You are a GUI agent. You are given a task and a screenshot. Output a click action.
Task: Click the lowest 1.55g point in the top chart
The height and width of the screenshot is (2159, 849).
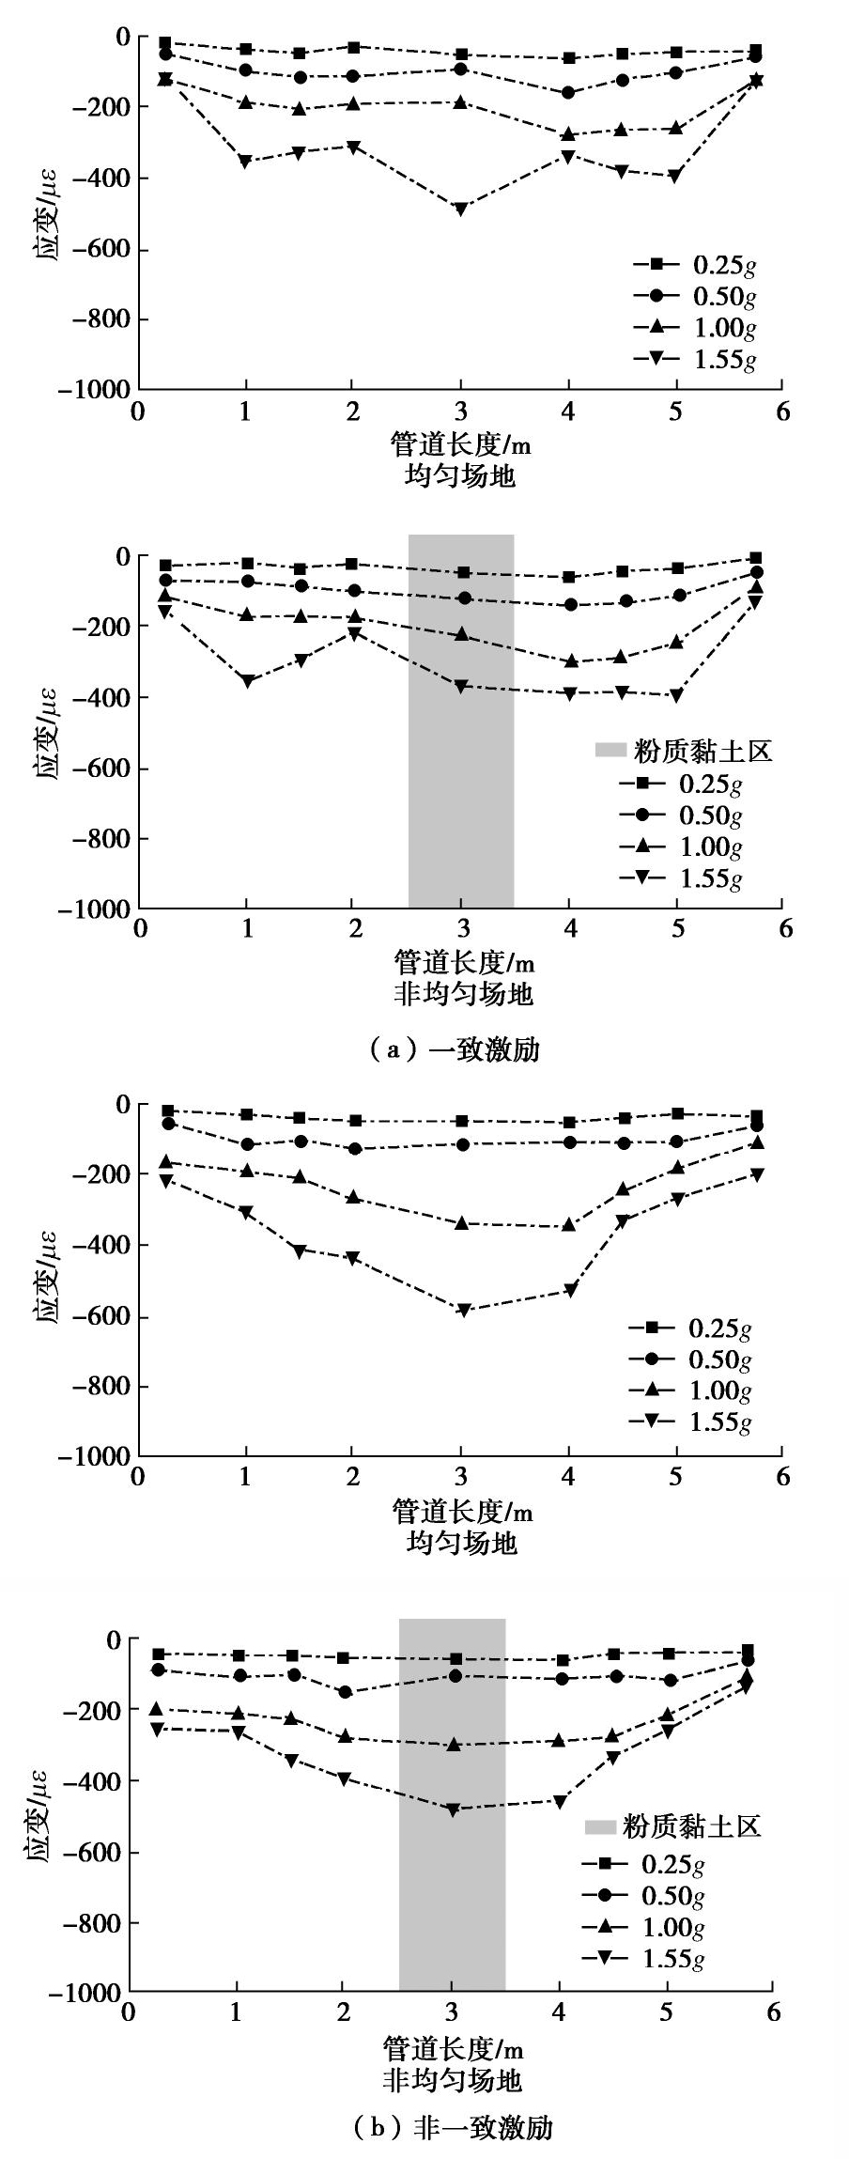[x=460, y=209]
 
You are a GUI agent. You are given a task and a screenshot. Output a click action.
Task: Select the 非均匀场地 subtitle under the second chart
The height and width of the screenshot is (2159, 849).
[x=462, y=994]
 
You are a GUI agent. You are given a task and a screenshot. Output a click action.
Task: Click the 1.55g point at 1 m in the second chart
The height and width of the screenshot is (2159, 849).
[x=247, y=681]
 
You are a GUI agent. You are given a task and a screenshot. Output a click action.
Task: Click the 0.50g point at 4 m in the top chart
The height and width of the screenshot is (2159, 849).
[x=567, y=93]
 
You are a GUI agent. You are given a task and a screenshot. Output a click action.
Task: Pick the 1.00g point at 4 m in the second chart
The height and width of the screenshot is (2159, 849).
[x=569, y=660]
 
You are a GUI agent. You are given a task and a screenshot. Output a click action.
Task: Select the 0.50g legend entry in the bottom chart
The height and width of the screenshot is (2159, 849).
[x=643, y=1896]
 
